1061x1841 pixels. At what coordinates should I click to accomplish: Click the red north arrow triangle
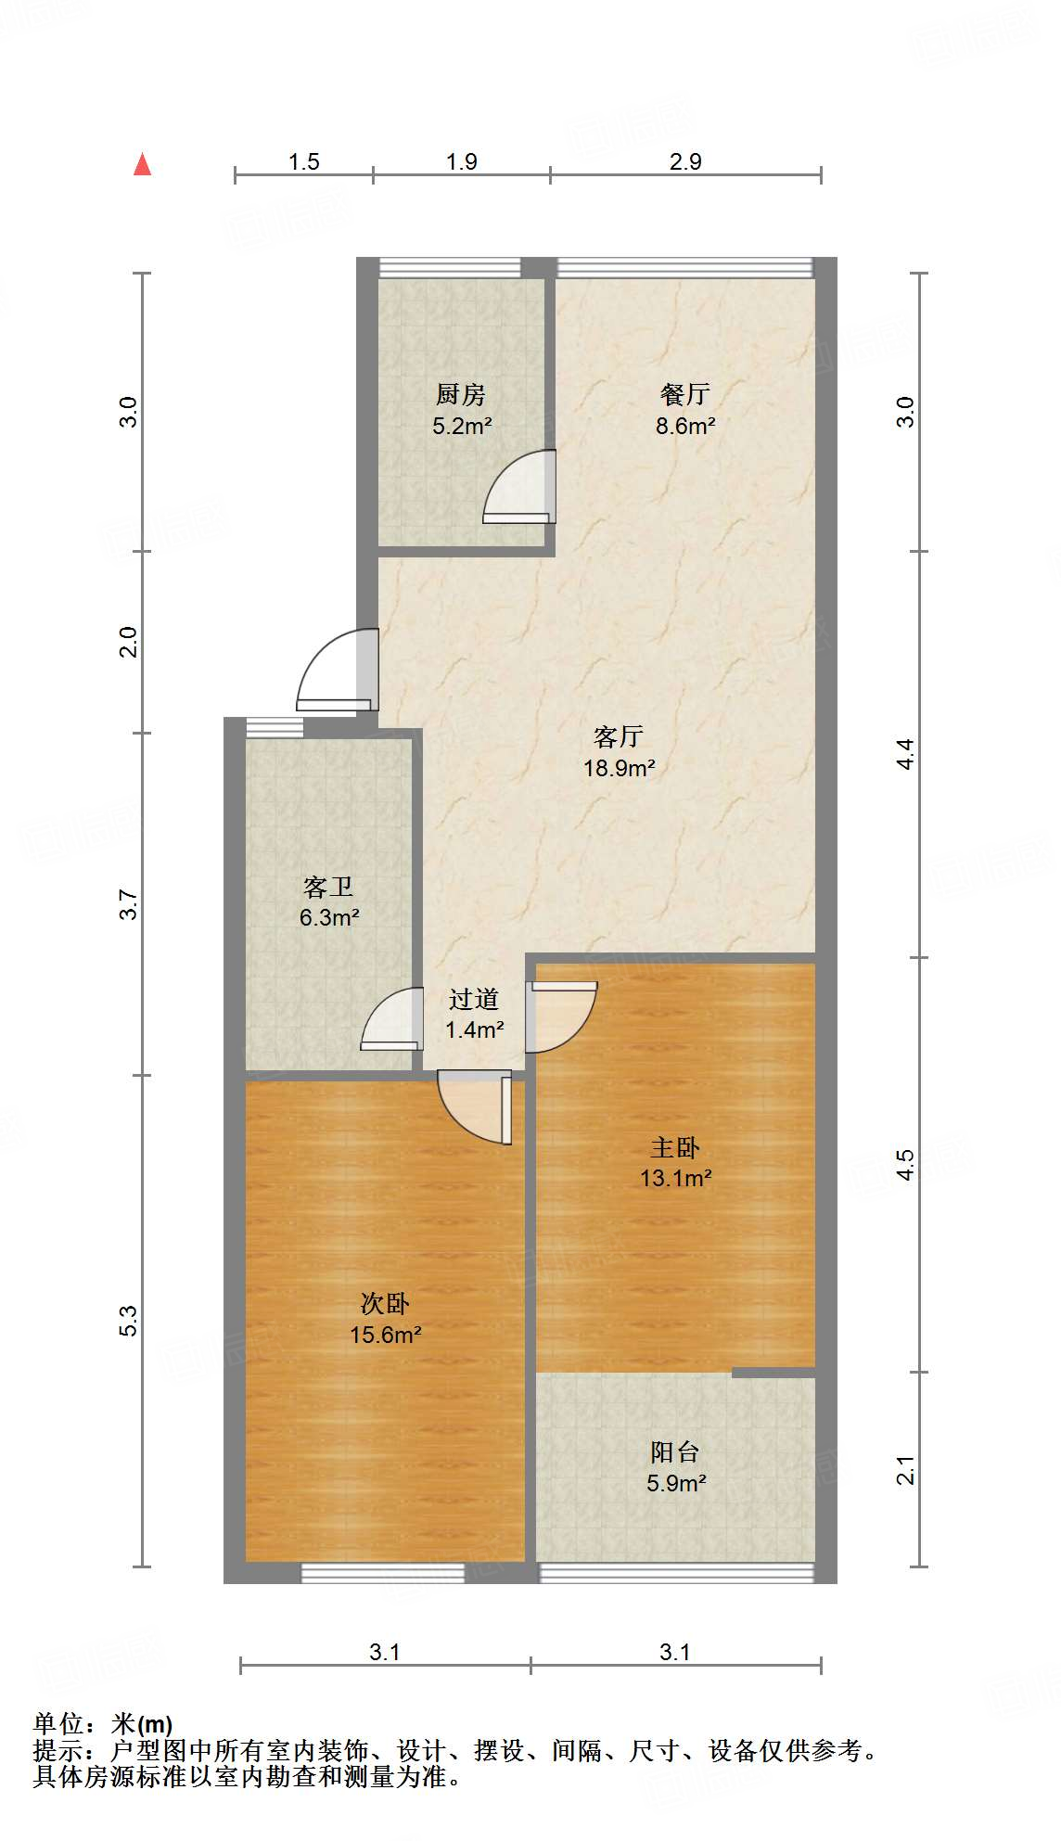click(x=142, y=164)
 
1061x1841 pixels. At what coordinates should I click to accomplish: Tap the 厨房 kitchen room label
click(x=461, y=395)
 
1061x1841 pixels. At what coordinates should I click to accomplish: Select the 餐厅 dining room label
click(x=685, y=395)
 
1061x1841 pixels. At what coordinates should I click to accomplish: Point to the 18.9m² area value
click(x=620, y=768)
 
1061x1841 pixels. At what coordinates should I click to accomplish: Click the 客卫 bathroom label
click(x=328, y=888)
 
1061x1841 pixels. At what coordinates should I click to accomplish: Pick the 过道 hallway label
click(x=474, y=999)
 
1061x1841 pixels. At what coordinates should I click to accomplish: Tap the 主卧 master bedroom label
click(x=675, y=1148)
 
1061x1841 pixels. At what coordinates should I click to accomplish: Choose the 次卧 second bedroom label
click(x=385, y=1304)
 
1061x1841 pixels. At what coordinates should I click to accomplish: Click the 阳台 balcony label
click(x=675, y=1452)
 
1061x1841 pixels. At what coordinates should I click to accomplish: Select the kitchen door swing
click(x=519, y=487)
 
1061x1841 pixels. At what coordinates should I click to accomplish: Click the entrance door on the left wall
click(x=338, y=671)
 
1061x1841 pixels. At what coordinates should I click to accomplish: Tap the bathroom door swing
click(x=390, y=1019)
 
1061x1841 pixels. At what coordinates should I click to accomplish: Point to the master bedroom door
click(x=561, y=1017)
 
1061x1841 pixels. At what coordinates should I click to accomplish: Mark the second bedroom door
click(x=475, y=1107)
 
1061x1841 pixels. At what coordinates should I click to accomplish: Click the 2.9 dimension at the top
click(x=685, y=161)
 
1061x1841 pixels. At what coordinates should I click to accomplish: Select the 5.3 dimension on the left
click(x=128, y=1321)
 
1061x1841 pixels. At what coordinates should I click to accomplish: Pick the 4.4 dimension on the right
click(x=905, y=753)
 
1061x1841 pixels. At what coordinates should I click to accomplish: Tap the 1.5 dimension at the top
click(x=303, y=161)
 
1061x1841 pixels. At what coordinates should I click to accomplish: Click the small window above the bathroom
click(x=275, y=728)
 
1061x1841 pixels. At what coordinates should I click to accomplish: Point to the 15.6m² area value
click(x=386, y=1335)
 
